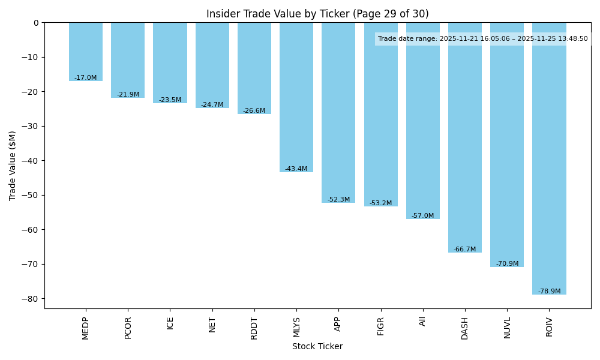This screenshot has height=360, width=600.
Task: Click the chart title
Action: pyautogui.click(x=317, y=14)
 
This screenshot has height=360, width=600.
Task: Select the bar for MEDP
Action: pyautogui.click(x=86, y=52)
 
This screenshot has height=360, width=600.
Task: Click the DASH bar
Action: pyautogui.click(x=465, y=137)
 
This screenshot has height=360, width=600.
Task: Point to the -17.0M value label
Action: pyautogui.click(x=86, y=78)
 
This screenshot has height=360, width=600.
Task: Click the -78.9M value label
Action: pyautogui.click(x=549, y=292)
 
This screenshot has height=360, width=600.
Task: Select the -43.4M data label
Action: pyautogui.click(x=296, y=169)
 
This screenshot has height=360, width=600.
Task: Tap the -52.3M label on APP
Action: pyautogui.click(x=338, y=200)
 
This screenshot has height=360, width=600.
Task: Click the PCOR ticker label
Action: pyautogui.click(x=128, y=328)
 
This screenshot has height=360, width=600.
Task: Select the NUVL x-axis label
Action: pyautogui.click(x=507, y=328)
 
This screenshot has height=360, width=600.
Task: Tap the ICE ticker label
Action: pyautogui.click(x=170, y=323)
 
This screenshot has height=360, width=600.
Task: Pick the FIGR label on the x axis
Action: pyautogui.click(x=381, y=326)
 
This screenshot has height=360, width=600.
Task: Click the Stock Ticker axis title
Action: pyautogui.click(x=317, y=347)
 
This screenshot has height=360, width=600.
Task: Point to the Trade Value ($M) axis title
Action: pyautogui.click(x=13, y=166)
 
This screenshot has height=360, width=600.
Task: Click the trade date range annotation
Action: pyautogui.click(x=483, y=39)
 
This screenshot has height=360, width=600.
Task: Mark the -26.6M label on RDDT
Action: pyautogui.click(x=254, y=111)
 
